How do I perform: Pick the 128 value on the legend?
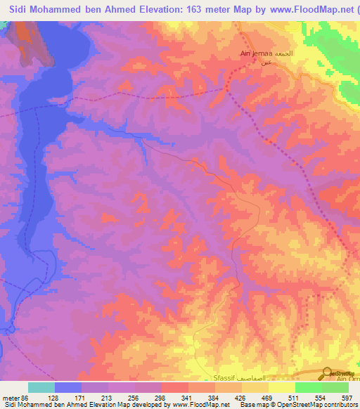point(53,398)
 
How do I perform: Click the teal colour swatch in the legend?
point(41,387)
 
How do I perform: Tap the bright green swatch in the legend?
point(308,387)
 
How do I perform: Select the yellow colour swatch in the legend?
point(281,387)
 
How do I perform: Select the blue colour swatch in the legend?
point(67,387)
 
